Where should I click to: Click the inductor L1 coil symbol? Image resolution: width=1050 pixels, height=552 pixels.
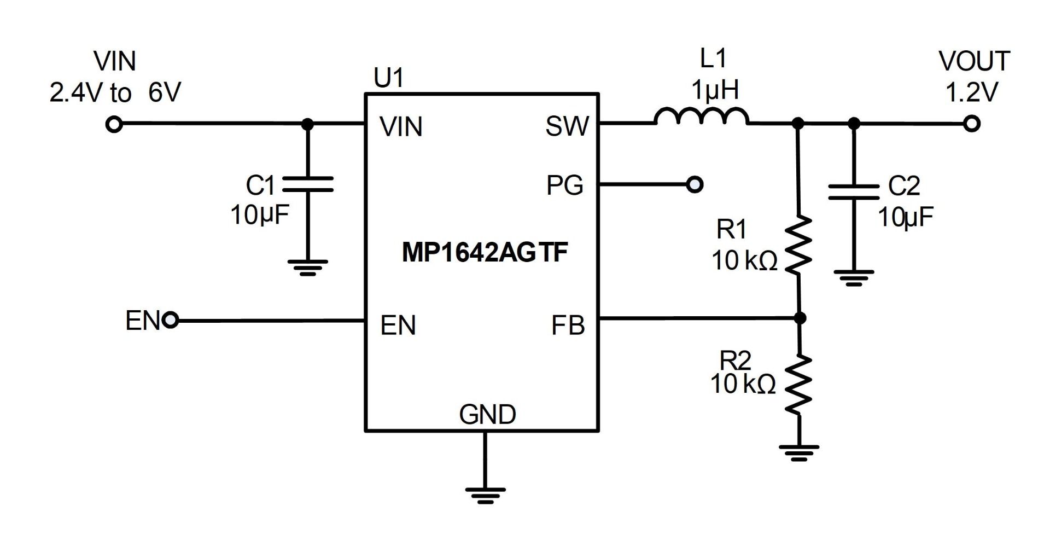tap(701, 117)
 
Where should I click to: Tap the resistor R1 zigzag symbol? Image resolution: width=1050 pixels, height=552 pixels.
tap(798, 245)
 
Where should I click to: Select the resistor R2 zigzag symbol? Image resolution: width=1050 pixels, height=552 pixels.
tap(798, 384)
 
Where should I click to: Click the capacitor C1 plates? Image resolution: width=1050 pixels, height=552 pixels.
tap(307, 184)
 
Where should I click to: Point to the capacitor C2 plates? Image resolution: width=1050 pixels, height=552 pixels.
tap(853, 191)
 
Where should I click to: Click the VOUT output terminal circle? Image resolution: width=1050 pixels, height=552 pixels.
tap(971, 124)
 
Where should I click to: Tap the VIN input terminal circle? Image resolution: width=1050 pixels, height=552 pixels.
tap(114, 125)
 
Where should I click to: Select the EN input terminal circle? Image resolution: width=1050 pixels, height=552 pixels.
tap(171, 320)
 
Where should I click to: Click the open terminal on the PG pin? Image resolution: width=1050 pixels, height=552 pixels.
tap(695, 185)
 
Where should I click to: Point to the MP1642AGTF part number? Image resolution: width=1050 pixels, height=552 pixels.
tap(485, 252)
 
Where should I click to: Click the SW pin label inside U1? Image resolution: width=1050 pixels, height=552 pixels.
tap(567, 127)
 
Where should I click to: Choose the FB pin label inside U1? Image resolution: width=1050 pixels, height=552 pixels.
tap(568, 326)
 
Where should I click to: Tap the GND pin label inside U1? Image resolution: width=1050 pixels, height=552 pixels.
tap(487, 415)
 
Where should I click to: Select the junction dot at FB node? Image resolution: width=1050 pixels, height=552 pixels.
tap(800, 318)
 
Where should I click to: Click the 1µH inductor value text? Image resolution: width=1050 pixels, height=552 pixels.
tap(715, 89)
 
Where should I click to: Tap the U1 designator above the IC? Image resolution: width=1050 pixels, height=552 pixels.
tap(388, 78)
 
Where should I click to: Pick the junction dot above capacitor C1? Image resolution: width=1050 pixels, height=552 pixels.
tap(308, 125)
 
